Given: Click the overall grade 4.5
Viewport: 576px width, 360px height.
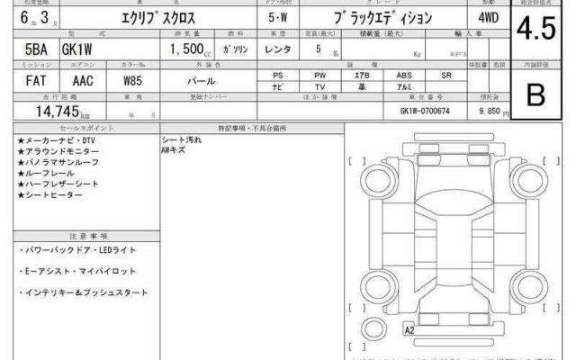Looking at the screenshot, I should point(535,32).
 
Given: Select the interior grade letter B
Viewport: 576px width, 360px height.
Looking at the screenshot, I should point(535,95).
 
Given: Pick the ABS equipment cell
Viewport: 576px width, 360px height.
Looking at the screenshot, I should point(406,75).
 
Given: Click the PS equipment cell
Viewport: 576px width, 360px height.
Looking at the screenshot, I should point(279,75).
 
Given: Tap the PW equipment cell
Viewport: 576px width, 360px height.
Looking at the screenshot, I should point(321,75).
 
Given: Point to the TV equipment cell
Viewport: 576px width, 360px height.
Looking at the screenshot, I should point(321,87).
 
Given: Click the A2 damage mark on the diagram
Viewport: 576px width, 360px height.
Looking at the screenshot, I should point(409,329).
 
